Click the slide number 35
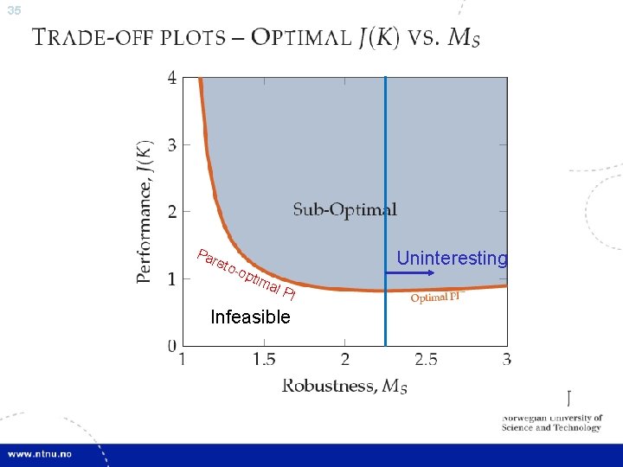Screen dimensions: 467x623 (12, 11)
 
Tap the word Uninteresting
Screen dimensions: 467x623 (452, 259)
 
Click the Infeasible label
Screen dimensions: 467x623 (250, 317)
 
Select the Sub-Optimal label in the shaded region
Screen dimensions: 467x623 (344, 209)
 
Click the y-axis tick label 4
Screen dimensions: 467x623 (171, 77)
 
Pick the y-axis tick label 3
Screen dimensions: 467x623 (171, 144)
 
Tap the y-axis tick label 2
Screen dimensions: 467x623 (171, 212)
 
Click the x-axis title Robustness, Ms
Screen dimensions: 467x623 (344, 386)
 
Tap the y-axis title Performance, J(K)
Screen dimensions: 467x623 (145, 211)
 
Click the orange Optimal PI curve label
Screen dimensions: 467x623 (437, 297)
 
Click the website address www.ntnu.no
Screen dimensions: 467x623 (42, 453)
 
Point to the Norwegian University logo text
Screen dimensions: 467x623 (551, 422)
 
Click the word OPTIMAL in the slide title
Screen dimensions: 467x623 (302, 37)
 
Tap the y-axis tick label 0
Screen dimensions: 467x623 (171, 346)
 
